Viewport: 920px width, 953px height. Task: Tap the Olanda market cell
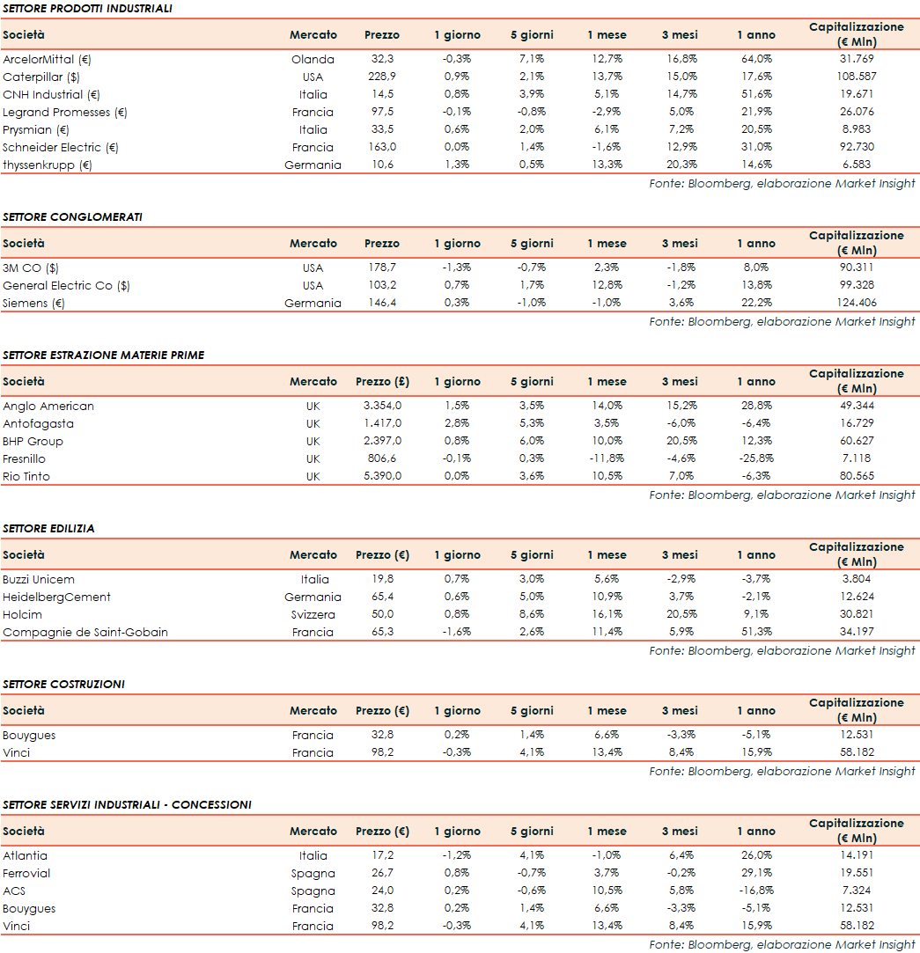pos(313,60)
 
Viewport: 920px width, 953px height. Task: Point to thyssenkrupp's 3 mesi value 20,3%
pos(680,165)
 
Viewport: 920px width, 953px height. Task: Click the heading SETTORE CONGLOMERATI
pos(72,216)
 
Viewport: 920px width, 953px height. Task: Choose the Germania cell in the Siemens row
pos(313,304)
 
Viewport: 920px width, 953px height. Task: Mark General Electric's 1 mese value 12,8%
pos(607,286)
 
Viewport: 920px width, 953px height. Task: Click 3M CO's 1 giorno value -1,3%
pos(457,268)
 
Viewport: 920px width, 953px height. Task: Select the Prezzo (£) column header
pos(382,382)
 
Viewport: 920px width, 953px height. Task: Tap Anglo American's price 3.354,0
pos(382,407)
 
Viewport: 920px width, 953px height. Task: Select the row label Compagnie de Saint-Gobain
pos(85,633)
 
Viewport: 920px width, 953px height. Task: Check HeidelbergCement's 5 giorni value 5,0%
pos(532,597)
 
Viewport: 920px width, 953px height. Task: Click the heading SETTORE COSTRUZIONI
pos(63,684)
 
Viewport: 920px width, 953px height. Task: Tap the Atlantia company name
pos(26,856)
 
